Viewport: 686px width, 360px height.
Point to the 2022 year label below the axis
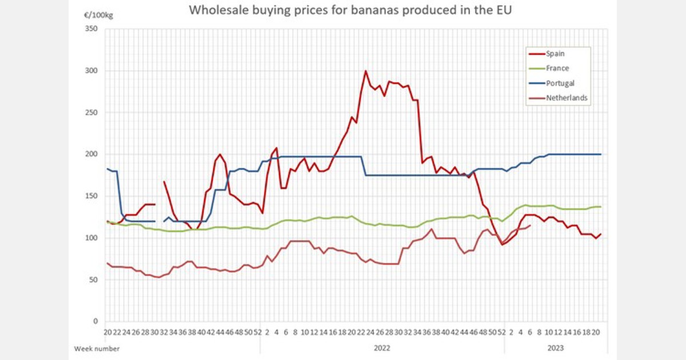click(382, 347)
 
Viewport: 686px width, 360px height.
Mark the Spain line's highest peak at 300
click(365, 71)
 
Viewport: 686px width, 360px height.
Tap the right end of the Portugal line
click(601, 154)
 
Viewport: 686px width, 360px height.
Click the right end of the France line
click(601, 207)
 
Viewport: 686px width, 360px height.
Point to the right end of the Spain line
click(601, 234)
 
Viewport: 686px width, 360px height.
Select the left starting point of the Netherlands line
click(107, 263)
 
